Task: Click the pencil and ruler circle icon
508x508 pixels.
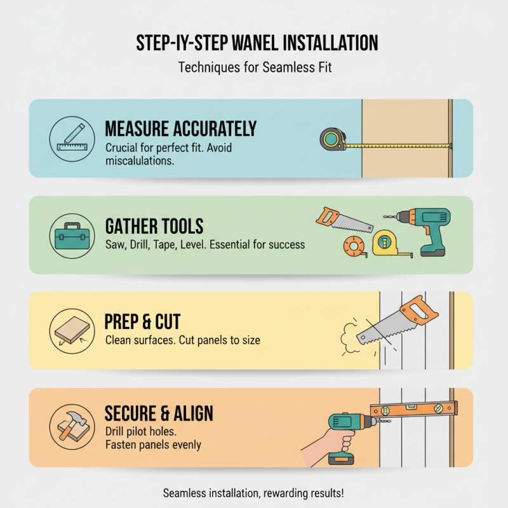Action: pos(71,138)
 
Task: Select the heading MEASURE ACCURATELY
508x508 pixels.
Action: pos(180,129)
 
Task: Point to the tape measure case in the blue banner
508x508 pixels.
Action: pos(333,138)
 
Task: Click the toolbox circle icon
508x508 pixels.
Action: pos(71,235)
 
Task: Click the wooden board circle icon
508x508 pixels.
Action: pos(71,330)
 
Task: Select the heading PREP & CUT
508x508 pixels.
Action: pos(147,322)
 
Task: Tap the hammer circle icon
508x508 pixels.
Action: pos(71,427)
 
